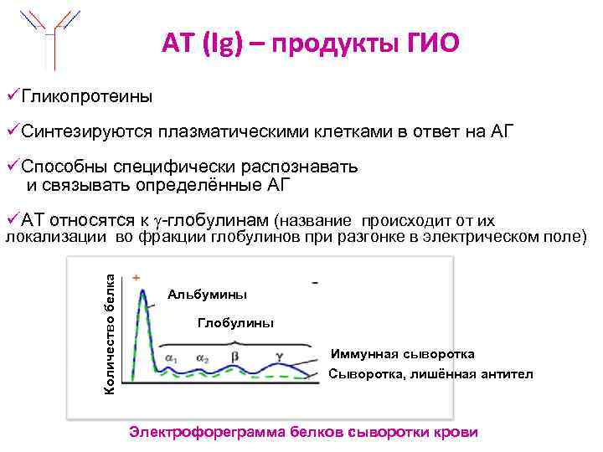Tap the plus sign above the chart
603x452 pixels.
pyautogui.click(x=136, y=277)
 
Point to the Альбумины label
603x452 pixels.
pyautogui.click(x=207, y=295)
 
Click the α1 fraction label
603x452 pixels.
pyautogui.click(x=171, y=359)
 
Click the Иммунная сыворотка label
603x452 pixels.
pyautogui.click(x=402, y=353)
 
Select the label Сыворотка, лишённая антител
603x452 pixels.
pyautogui.click(x=430, y=374)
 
